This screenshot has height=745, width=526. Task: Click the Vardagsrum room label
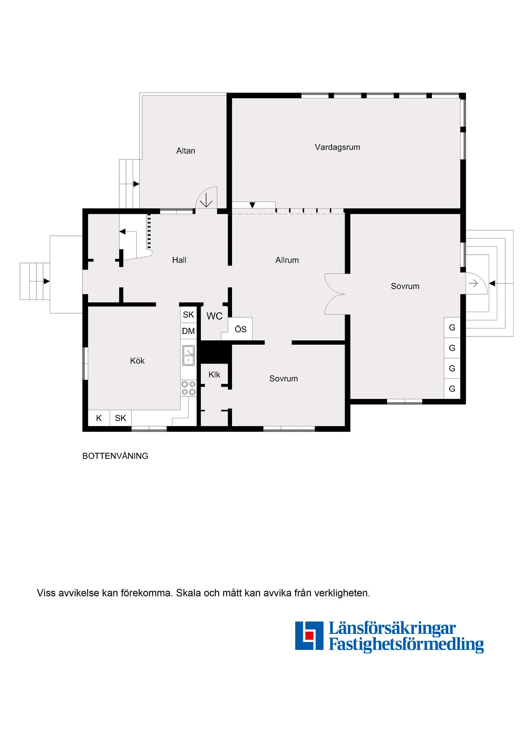pyautogui.click(x=337, y=147)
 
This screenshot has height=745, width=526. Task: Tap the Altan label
pyautogui.click(x=186, y=151)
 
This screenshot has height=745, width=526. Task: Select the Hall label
pyautogui.click(x=179, y=260)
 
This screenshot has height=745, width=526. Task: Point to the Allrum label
pyautogui.click(x=287, y=260)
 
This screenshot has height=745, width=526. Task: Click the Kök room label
pyautogui.click(x=137, y=361)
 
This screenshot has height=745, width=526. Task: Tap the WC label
pyautogui.click(x=214, y=316)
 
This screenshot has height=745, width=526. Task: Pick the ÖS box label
pyautogui.click(x=240, y=329)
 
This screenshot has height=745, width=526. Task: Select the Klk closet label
pyautogui.click(x=214, y=375)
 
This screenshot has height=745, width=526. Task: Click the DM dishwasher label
pyautogui.click(x=188, y=331)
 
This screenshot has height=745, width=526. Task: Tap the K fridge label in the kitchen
pyautogui.click(x=99, y=418)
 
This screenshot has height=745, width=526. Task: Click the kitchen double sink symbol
pyautogui.click(x=188, y=355)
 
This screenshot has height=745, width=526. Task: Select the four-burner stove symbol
pyautogui.click(x=188, y=388)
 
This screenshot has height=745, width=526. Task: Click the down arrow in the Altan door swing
pyautogui.click(x=206, y=202)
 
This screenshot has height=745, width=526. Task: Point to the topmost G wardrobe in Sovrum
pyautogui.click(x=452, y=328)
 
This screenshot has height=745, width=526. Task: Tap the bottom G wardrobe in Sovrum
pyautogui.click(x=452, y=389)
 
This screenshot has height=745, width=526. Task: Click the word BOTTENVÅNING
pyautogui.click(x=115, y=456)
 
